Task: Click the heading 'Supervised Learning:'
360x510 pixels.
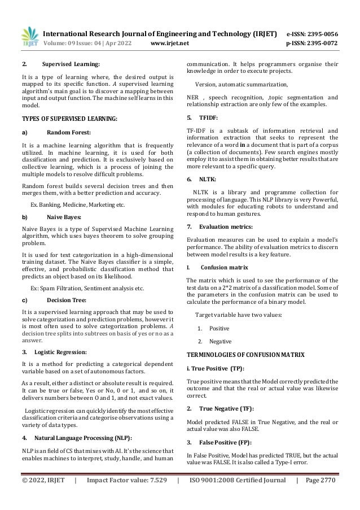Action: (x=73, y=64)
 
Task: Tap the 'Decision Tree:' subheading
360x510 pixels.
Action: (x=67, y=300)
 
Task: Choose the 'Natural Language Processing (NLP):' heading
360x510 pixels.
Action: (x=84, y=438)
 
